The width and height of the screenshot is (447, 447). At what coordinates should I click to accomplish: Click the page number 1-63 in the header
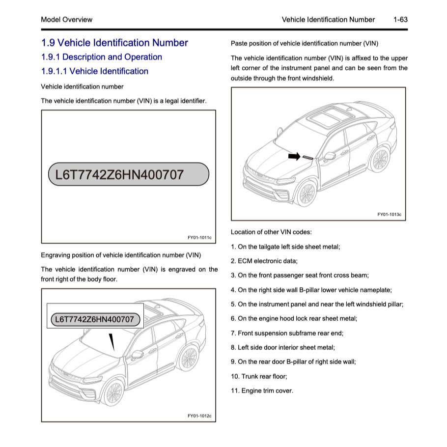(x=400, y=20)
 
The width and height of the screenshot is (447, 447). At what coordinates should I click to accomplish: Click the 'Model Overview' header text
(x=66, y=20)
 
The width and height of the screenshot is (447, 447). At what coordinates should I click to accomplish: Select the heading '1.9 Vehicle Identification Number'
(x=114, y=43)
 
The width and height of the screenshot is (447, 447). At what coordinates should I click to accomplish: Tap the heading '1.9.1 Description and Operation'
(x=102, y=57)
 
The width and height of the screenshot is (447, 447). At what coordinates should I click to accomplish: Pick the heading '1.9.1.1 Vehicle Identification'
(x=94, y=71)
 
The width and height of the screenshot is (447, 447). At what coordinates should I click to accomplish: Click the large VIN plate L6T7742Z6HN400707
(x=128, y=174)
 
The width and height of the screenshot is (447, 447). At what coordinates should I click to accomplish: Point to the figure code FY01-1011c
(x=199, y=238)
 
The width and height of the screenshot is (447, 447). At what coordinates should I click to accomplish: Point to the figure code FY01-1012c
(x=199, y=416)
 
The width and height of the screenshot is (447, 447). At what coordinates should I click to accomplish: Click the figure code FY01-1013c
(x=389, y=215)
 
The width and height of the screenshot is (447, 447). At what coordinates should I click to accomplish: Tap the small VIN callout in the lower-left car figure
(x=95, y=320)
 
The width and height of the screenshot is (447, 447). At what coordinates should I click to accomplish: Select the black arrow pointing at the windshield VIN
(x=294, y=156)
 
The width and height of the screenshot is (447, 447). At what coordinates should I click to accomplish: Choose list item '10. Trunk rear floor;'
(x=259, y=376)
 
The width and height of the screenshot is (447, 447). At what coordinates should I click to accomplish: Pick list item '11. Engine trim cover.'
(x=262, y=391)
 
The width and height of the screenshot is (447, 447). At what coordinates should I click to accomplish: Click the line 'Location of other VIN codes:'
(x=271, y=232)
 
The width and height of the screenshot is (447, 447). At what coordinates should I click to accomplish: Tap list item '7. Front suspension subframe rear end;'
(x=287, y=333)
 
